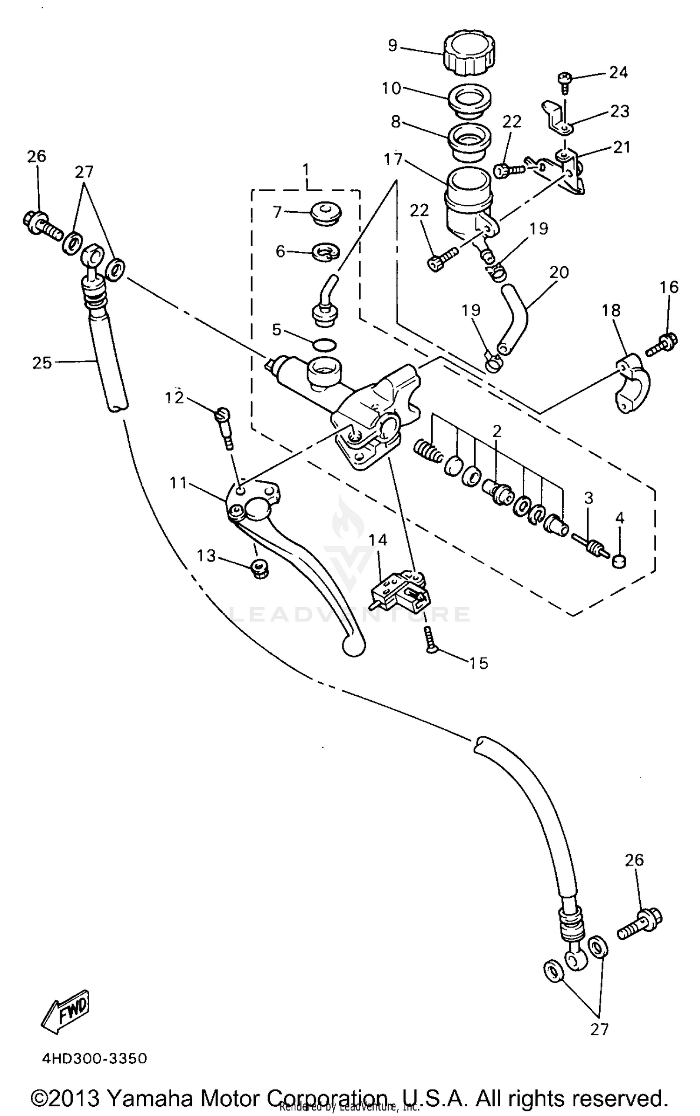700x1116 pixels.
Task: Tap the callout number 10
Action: [x=391, y=88]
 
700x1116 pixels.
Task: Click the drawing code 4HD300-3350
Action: [x=95, y=1055]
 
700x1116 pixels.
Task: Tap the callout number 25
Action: [x=42, y=362]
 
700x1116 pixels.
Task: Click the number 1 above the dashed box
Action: [x=306, y=169]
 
